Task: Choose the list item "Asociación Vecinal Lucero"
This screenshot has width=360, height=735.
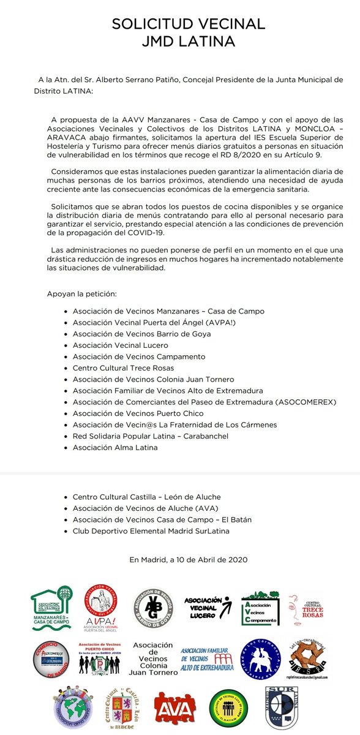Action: tap(120, 345)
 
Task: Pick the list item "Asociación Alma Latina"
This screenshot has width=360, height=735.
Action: tap(114, 448)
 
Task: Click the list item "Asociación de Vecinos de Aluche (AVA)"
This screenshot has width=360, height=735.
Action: tap(146, 508)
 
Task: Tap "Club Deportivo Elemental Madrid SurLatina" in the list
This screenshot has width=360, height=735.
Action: tap(151, 531)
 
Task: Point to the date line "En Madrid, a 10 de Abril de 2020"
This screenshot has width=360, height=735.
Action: tap(189, 559)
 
